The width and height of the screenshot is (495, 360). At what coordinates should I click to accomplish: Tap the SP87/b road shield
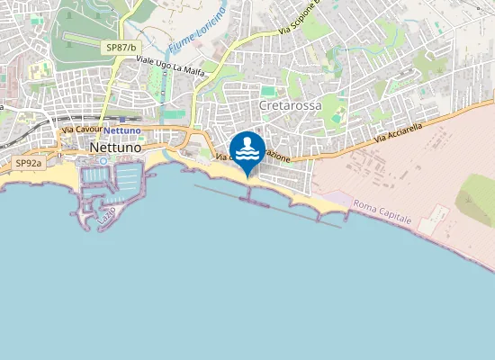121,47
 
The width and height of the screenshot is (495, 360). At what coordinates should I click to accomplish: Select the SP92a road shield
29,164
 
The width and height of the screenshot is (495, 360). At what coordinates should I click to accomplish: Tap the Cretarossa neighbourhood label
290,106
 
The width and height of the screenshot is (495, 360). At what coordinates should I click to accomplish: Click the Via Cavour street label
83,130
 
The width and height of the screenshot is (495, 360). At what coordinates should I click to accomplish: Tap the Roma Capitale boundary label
382,213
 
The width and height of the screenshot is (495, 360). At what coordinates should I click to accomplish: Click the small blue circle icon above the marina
103,160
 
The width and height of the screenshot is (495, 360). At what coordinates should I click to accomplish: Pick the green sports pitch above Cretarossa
267,90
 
